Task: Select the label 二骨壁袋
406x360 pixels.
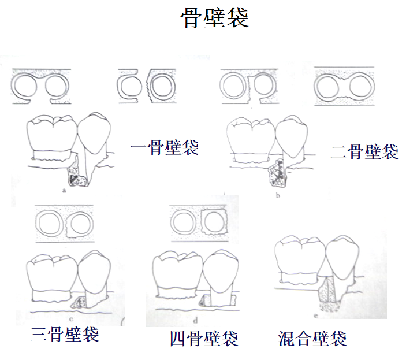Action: [364, 151]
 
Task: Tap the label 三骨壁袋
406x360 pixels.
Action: [65, 334]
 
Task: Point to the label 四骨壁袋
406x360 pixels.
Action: [204, 338]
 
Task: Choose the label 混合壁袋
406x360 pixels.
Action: [312, 338]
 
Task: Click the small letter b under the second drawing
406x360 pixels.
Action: [278, 196]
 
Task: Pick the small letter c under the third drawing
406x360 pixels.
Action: [69, 318]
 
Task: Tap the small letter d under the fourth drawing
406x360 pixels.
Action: [195, 318]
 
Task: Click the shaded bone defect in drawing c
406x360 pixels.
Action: [78, 301]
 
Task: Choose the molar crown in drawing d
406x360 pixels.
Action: [178, 272]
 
